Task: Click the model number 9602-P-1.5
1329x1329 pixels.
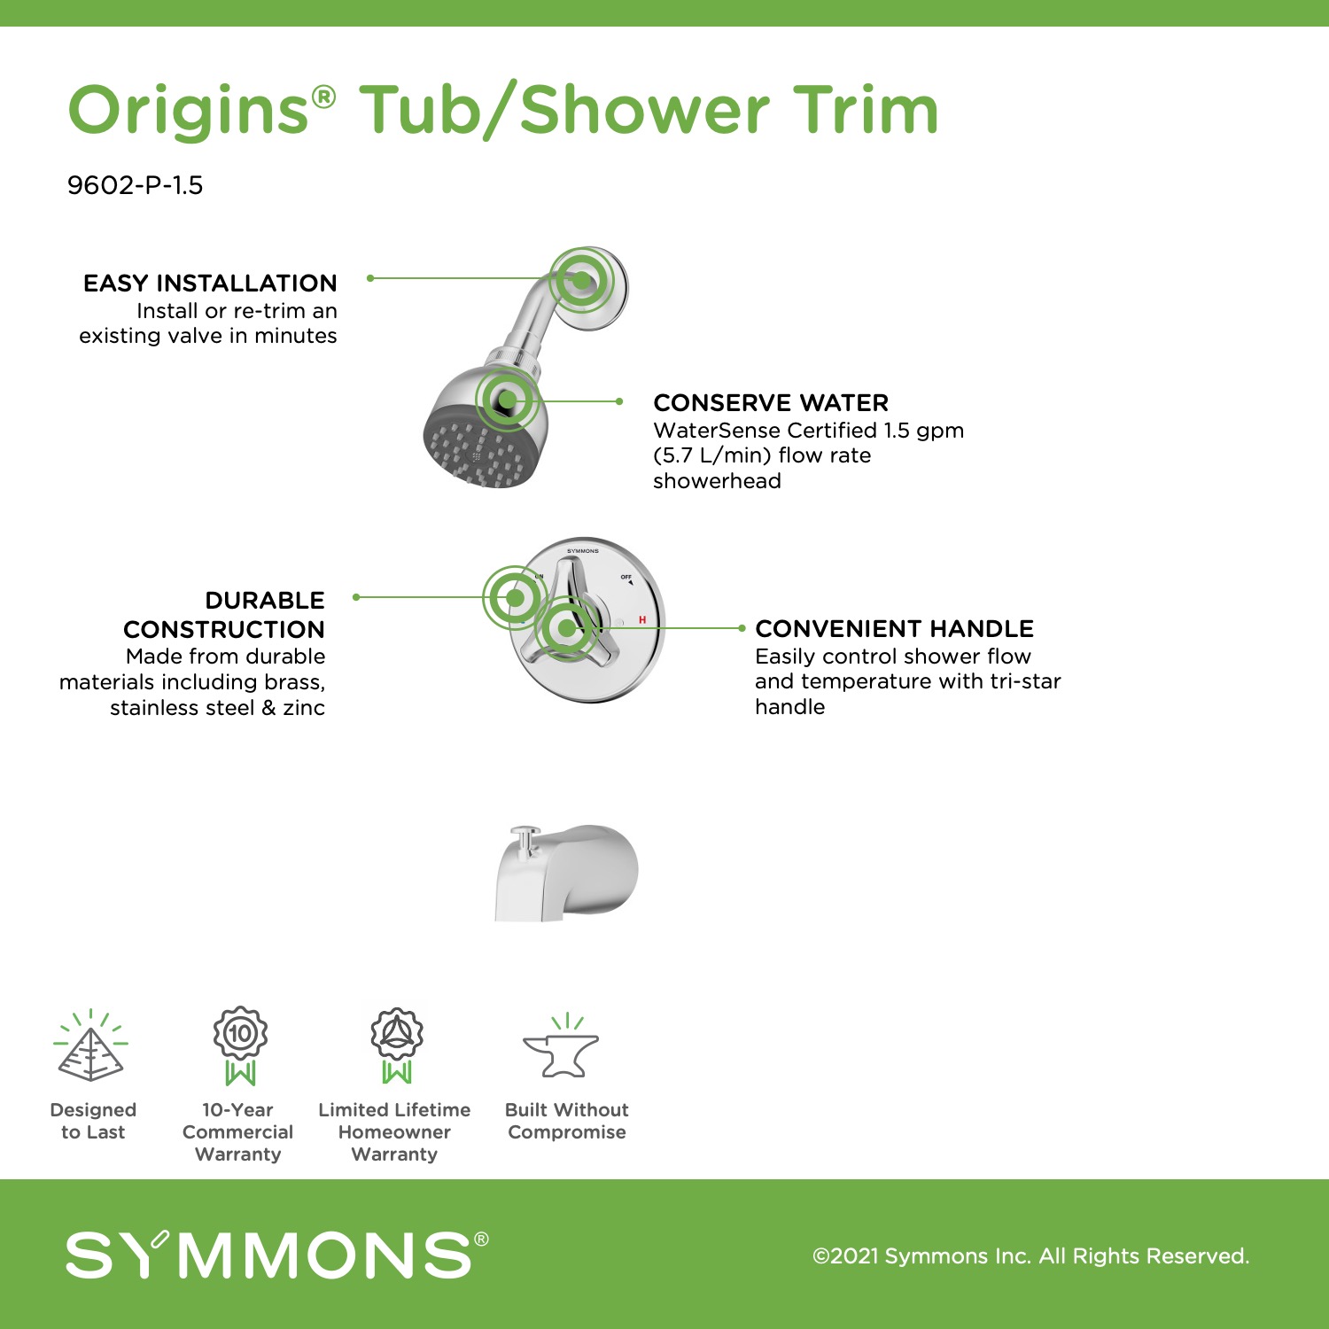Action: (x=135, y=185)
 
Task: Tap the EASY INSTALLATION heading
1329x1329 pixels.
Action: (x=210, y=284)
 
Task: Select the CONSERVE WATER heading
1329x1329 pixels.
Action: (x=771, y=403)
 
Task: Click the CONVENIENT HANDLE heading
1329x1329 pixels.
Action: (x=894, y=629)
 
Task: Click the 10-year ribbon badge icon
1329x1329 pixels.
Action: (x=240, y=1045)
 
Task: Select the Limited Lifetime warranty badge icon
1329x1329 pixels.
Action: (x=397, y=1045)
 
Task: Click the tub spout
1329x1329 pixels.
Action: (x=566, y=874)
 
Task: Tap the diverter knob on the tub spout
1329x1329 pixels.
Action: (x=525, y=838)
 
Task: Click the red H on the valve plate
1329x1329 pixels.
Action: (x=642, y=620)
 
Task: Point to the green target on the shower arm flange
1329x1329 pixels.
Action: (x=581, y=280)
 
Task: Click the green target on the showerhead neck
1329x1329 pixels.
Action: (x=508, y=400)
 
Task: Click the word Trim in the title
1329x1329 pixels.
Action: (x=865, y=110)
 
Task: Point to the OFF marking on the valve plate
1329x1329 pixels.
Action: (x=626, y=578)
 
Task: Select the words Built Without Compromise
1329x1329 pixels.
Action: (x=567, y=1121)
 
